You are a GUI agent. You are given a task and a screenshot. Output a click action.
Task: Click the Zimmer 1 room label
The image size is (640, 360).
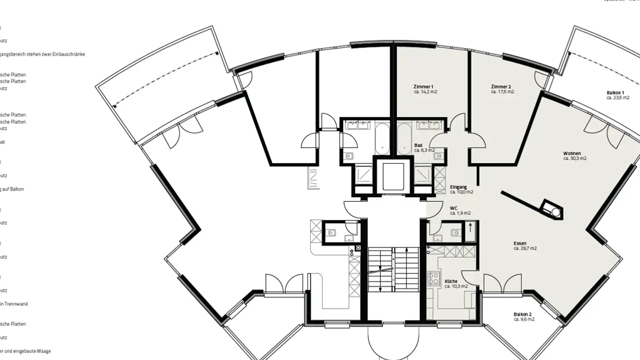(423, 87)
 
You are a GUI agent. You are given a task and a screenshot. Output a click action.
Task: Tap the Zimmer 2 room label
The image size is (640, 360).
(501, 87)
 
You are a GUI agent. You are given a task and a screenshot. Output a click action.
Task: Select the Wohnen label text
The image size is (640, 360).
(572, 153)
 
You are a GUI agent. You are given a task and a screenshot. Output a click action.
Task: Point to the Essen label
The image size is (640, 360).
(520, 244)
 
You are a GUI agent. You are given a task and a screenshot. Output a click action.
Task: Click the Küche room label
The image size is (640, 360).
(451, 281)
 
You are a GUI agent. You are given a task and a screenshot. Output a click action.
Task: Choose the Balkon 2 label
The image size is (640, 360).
(523, 314)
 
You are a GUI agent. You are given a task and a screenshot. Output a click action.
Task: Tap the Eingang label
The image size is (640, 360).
(458, 187)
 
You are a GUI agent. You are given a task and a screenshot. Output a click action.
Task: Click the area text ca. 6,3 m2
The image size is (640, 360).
(424, 150)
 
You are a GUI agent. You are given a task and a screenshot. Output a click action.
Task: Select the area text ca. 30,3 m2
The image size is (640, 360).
(575, 158)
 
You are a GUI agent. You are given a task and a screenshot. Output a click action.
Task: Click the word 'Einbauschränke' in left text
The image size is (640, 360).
(71, 54)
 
